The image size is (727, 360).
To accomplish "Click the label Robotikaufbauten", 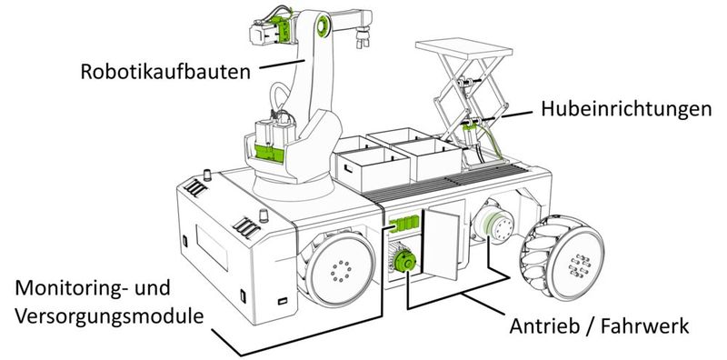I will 164,70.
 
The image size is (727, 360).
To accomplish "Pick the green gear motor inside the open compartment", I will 404,263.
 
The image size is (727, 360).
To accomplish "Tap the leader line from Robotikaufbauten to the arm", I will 282,63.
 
